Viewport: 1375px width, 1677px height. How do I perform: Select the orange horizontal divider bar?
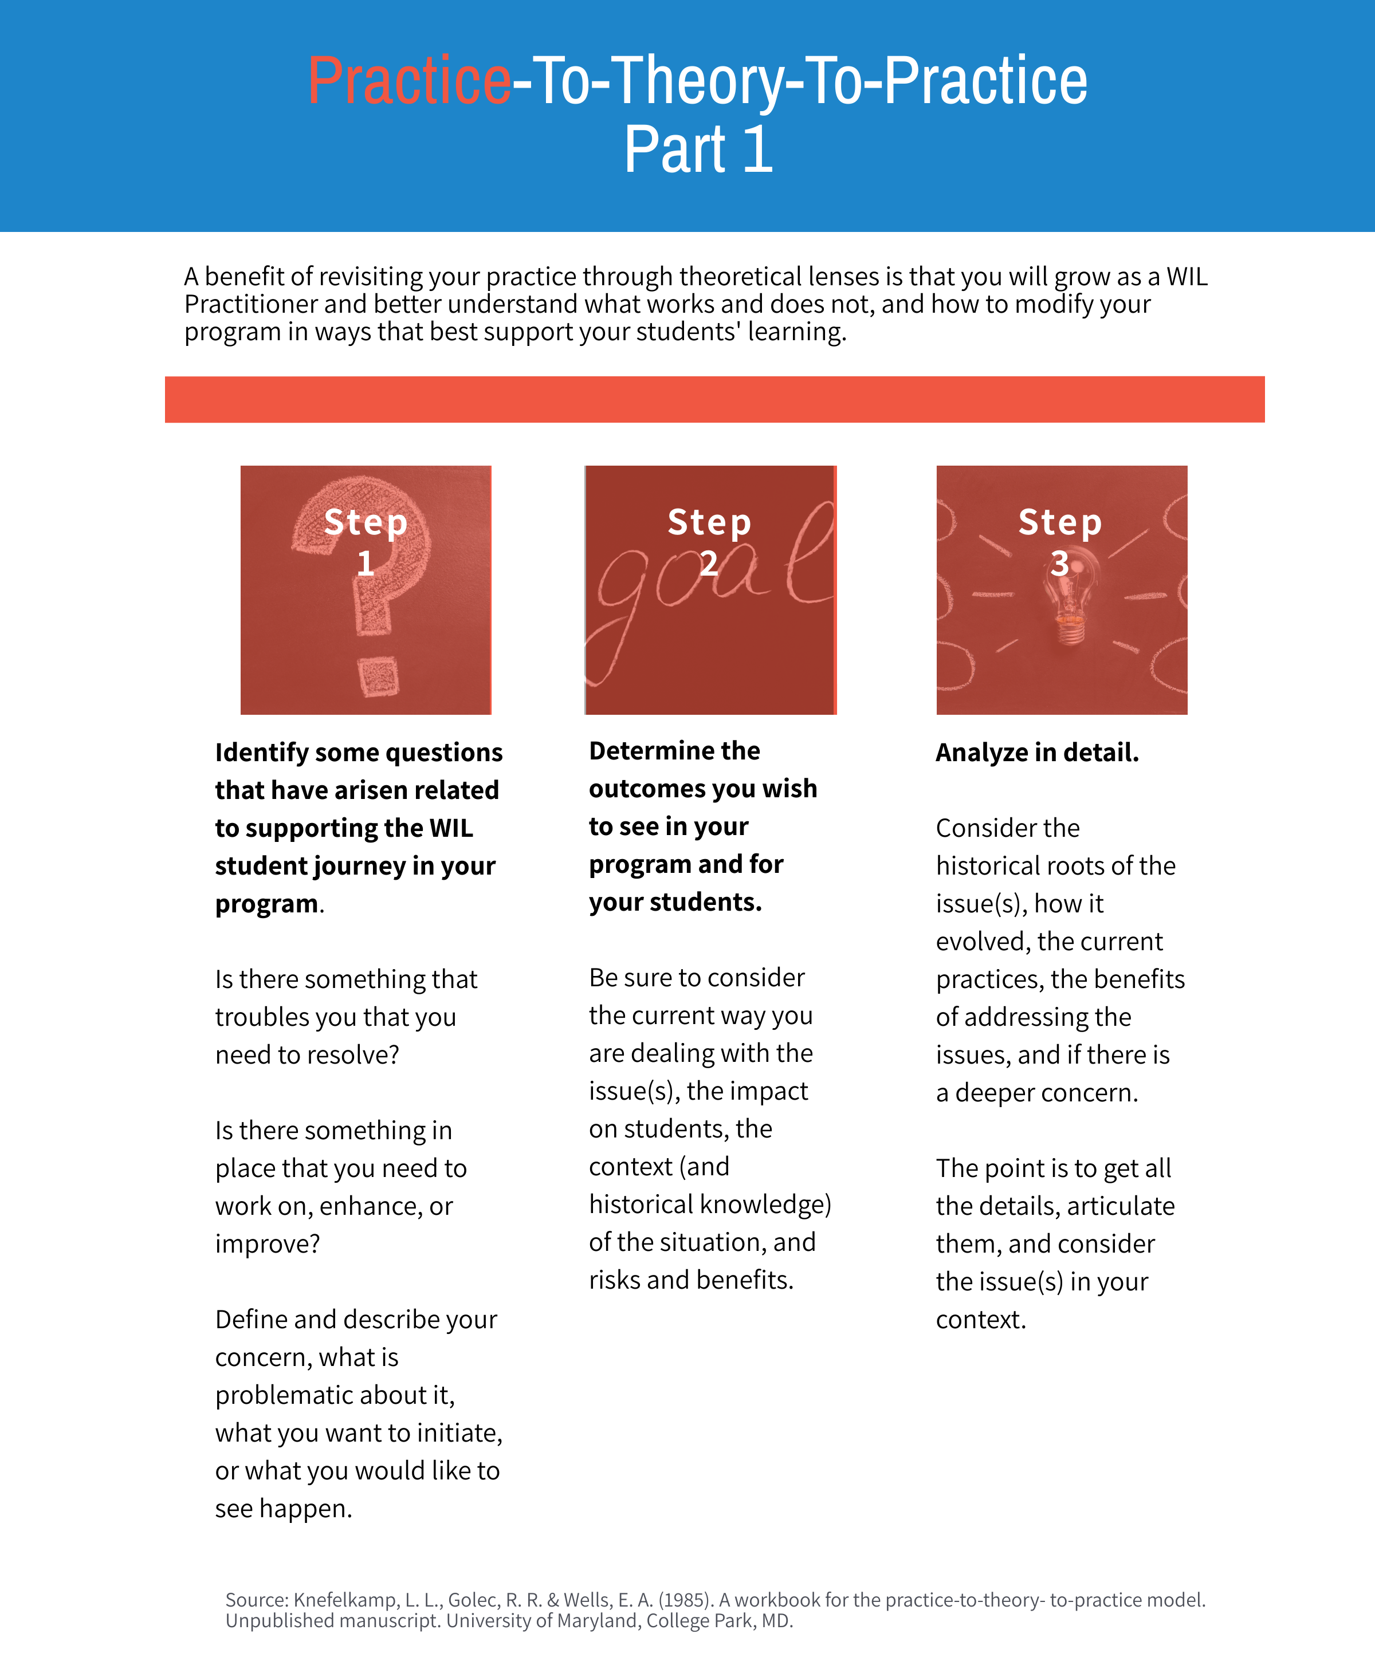714,399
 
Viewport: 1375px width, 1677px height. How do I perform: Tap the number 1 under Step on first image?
365,564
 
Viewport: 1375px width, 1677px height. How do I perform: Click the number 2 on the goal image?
709,564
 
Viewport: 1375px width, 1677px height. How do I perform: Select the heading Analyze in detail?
1037,752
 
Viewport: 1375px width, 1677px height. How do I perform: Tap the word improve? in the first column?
267,1244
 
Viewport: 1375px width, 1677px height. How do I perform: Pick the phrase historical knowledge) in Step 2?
710,1204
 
